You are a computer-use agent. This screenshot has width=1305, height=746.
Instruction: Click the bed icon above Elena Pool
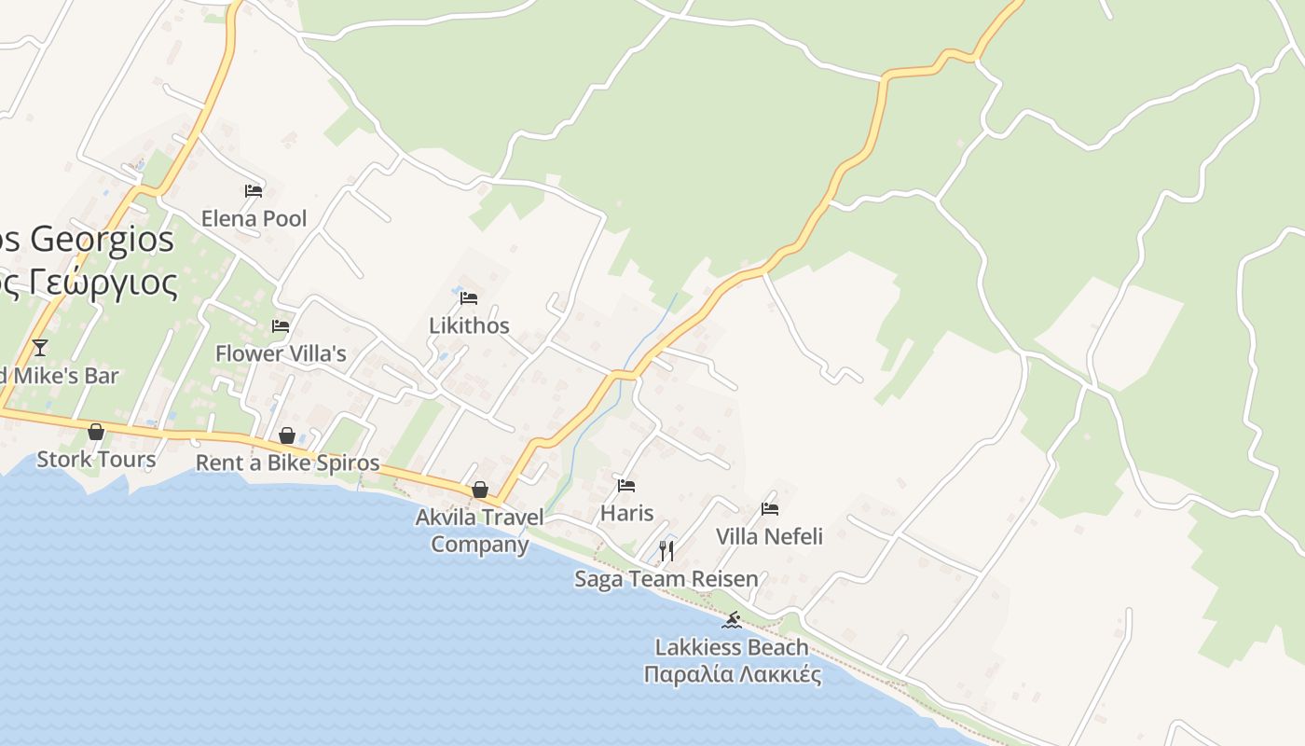coord(254,191)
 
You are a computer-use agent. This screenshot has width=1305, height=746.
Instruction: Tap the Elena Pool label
coord(254,219)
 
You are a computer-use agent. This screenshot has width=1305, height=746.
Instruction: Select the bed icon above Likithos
coord(469,297)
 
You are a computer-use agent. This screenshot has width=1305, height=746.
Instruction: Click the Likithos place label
coord(469,325)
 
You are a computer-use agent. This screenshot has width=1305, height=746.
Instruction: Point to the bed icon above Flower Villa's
coord(281,326)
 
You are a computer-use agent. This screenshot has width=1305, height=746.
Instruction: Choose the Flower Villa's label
coord(281,353)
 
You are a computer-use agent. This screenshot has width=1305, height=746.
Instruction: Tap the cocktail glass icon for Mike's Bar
coord(39,348)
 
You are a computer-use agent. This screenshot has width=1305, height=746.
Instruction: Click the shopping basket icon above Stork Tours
coord(96,432)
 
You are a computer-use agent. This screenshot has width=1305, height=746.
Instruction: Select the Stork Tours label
coord(96,459)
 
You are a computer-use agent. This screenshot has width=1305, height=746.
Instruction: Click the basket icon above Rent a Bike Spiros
coord(287,435)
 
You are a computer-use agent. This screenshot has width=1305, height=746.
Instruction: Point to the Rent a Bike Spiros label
coord(287,463)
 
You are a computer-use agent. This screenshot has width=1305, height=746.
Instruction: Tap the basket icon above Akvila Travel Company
coord(480,490)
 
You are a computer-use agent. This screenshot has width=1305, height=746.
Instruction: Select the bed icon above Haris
coord(626,486)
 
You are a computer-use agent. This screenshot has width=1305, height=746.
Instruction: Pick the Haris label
coord(626,513)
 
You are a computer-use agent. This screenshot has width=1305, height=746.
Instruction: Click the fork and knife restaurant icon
coord(666,551)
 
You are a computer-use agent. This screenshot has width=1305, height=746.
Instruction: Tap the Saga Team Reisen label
coord(666,579)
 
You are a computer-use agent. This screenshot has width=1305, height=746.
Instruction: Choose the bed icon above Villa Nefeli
coord(770,509)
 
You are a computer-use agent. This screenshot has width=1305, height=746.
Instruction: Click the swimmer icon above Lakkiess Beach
coord(732,620)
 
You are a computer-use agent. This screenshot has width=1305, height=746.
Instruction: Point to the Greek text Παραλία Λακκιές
coord(732,674)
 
